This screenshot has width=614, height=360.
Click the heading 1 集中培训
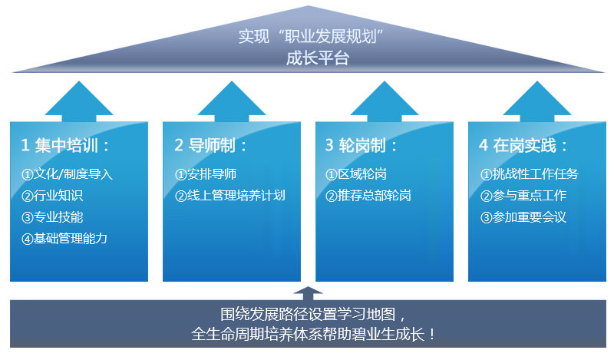click(x=65, y=145)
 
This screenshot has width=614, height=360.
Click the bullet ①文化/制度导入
click(x=68, y=174)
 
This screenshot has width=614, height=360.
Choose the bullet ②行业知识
click(x=52, y=196)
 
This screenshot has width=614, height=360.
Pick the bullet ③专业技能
click(x=52, y=217)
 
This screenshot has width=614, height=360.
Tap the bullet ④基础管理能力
click(x=64, y=239)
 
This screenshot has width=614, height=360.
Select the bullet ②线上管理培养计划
click(x=230, y=196)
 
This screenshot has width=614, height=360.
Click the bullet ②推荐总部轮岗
click(x=368, y=196)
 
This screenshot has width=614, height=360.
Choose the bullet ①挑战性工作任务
click(x=530, y=174)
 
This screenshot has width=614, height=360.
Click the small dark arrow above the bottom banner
click(x=308, y=292)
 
